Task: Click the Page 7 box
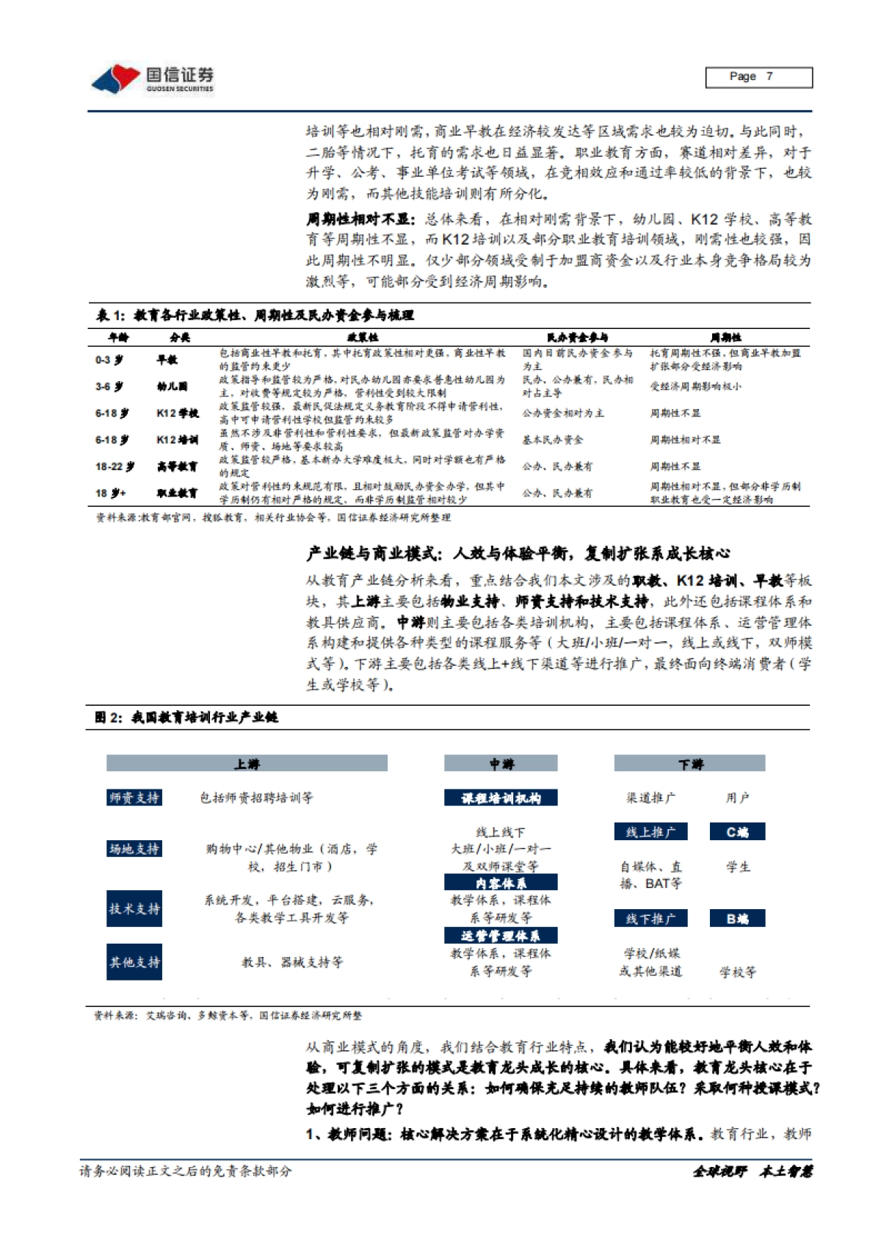click(x=758, y=77)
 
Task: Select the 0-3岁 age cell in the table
click(x=109, y=360)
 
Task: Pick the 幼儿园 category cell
click(x=173, y=386)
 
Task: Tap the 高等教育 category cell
click(x=177, y=466)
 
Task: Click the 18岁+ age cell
click(x=111, y=493)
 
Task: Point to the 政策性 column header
click(x=363, y=337)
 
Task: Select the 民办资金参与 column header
click(x=577, y=337)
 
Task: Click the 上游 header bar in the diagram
click(x=247, y=764)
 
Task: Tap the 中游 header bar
click(x=501, y=764)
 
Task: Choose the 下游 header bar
click(x=689, y=764)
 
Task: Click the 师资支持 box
click(x=134, y=798)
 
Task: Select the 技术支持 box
click(x=134, y=908)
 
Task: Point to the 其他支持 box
click(x=134, y=962)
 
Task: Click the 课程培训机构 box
click(x=501, y=798)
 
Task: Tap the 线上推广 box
click(x=650, y=831)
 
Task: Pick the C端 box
click(x=737, y=831)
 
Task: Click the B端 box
click(x=737, y=918)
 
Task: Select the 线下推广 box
click(x=650, y=918)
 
